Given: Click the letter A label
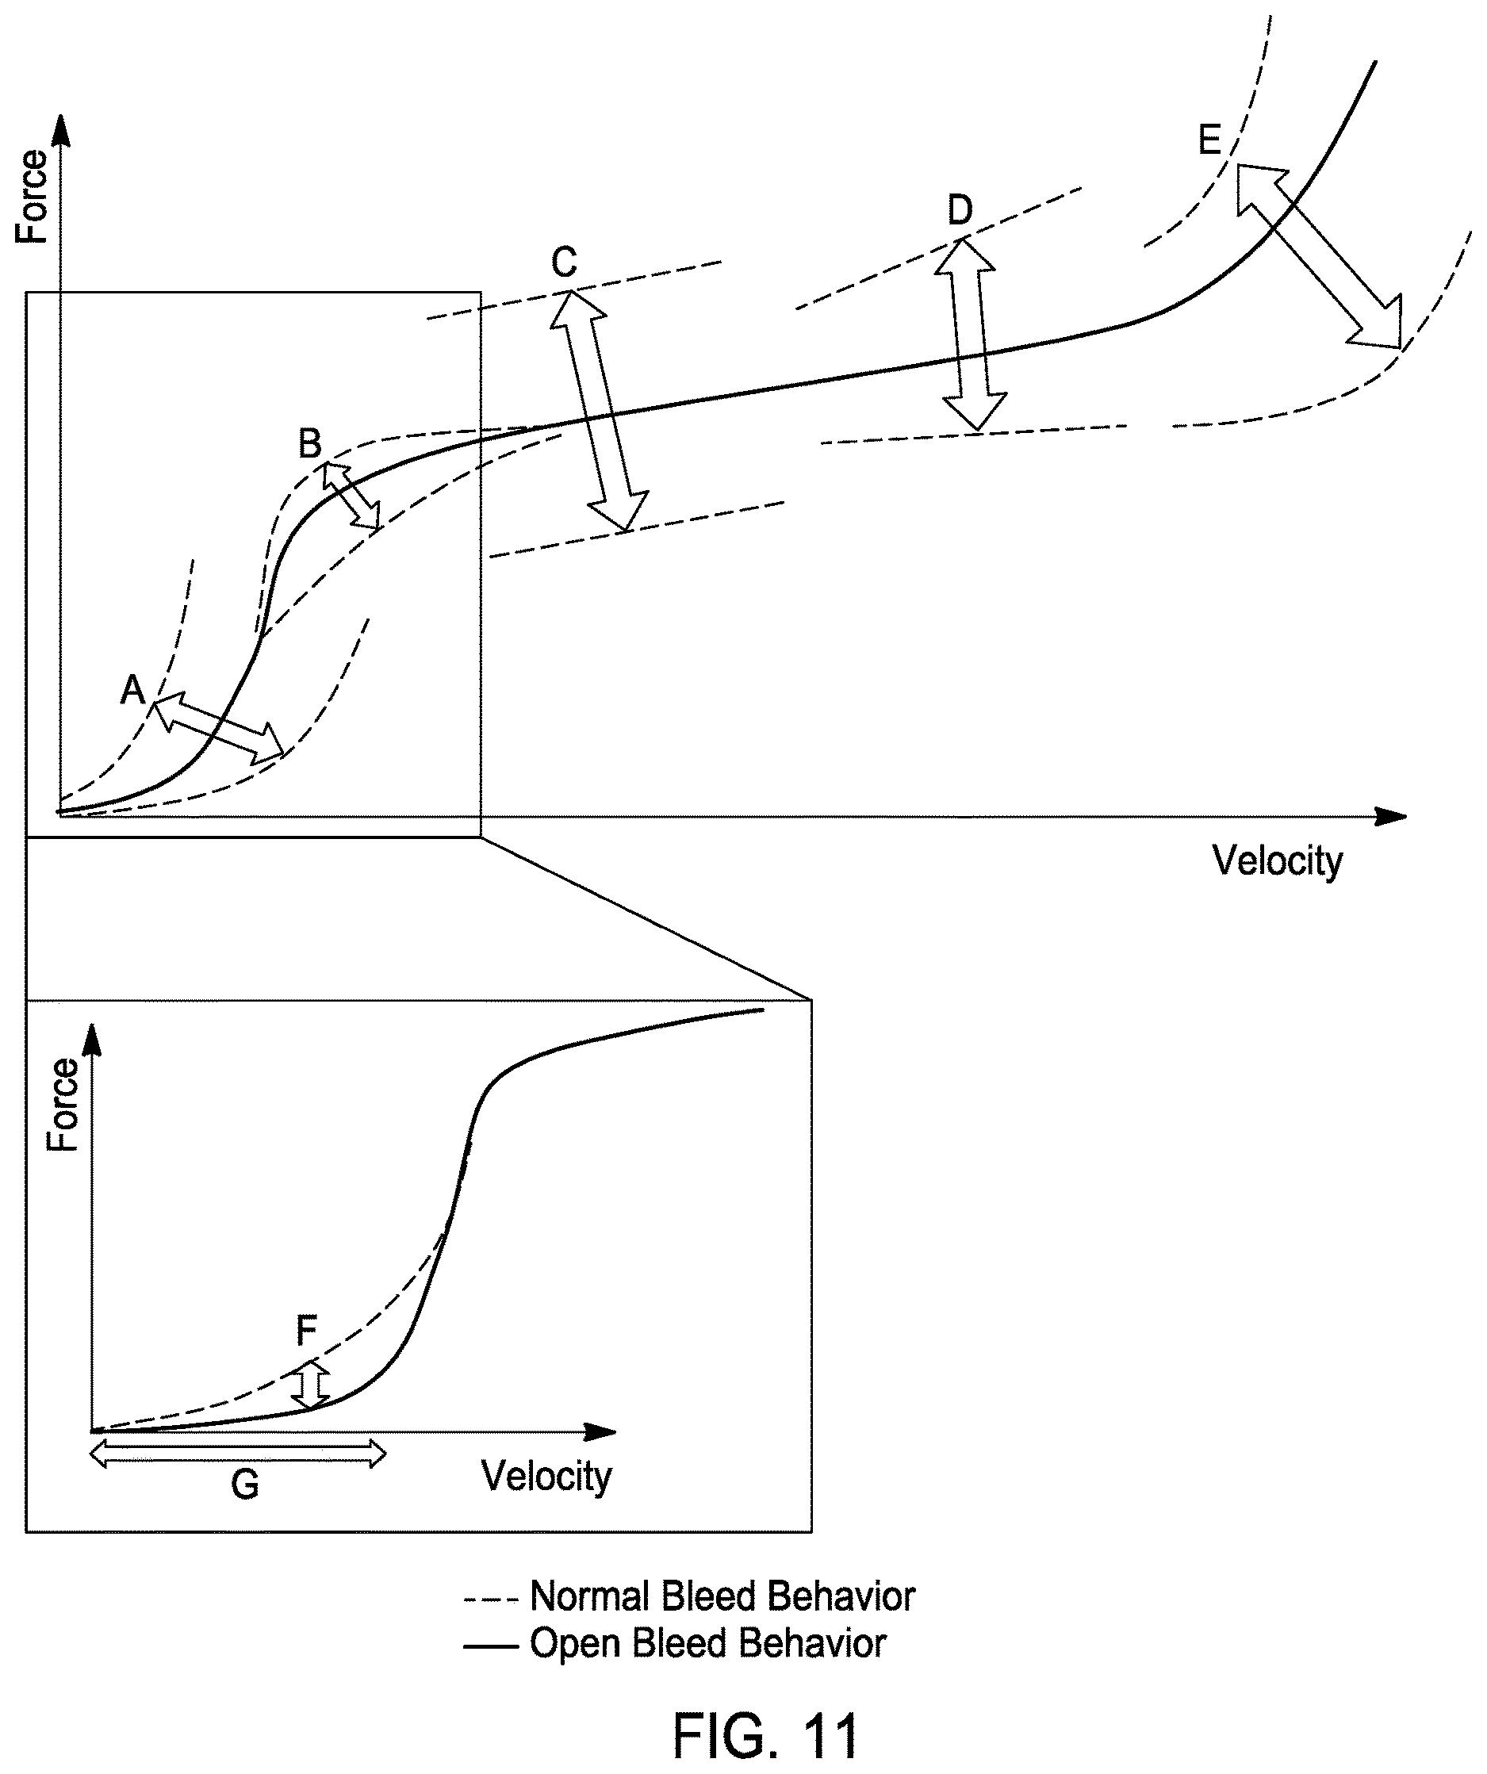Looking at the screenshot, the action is tap(132, 689).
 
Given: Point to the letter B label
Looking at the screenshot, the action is tap(310, 443).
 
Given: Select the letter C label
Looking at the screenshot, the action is tap(565, 262).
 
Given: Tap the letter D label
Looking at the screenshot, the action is tap(960, 209).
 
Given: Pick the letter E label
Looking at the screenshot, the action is tap(1210, 140).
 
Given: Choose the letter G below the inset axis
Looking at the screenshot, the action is tap(245, 1485).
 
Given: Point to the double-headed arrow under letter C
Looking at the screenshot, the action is tap(599, 411).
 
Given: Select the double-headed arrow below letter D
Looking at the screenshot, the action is tap(970, 335).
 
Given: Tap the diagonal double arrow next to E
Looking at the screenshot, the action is tap(1319, 256).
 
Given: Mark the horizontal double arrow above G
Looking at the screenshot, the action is tap(238, 1454).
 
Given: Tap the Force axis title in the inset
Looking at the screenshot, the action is tap(63, 1104).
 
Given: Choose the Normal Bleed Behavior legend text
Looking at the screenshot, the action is tap(722, 1596).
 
